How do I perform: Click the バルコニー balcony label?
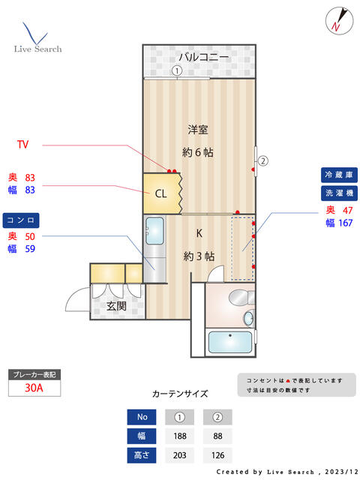(203, 57)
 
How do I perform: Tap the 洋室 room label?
(198, 130)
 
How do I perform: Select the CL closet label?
(161, 193)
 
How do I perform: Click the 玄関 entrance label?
(116, 306)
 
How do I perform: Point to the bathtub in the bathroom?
(230, 342)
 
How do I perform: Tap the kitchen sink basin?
(154, 231)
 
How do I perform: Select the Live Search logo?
(37, 37)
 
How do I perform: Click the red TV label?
(23, 145)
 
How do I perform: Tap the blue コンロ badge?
(21, 220)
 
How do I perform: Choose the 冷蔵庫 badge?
(339, 175)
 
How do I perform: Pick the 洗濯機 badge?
(339, 193)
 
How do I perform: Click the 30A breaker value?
(34, 388)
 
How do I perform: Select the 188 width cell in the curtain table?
(180, 436)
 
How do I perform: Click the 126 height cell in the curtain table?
(217, 455)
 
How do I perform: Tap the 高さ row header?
(142, 455)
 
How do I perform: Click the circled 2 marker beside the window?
(263, 160)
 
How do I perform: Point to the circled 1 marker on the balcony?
(177, 71)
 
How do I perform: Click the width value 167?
(345, 223)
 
